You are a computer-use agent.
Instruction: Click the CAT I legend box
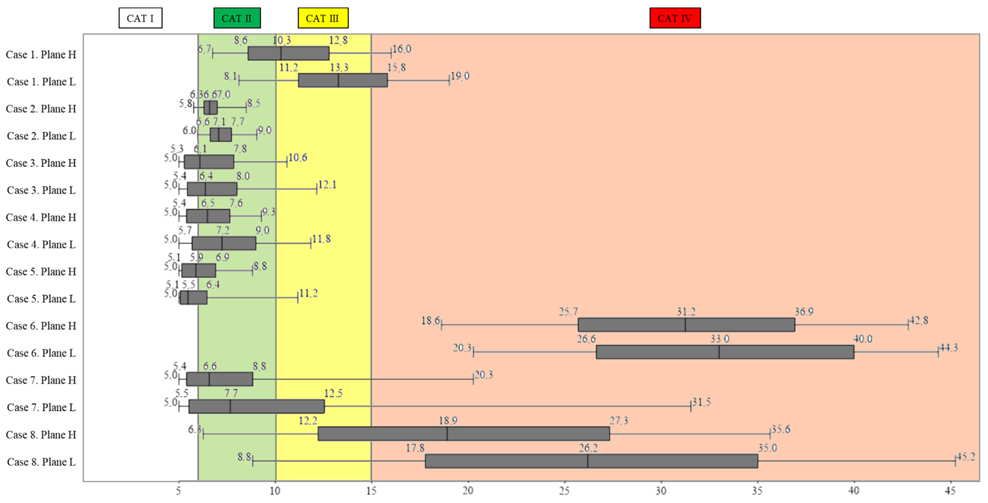click(x=140, y=18)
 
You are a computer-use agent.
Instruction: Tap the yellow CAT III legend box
click(x=323, y=18)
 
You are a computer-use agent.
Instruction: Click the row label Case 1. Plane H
click(x=41, y=54)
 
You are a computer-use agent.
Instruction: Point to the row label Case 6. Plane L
click(x=41, y=353)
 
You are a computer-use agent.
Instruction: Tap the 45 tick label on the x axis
click(x=950, y=490)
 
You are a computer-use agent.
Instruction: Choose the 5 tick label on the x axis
click(x=179, y=490)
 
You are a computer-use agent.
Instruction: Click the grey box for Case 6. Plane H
click(x=686, y=324)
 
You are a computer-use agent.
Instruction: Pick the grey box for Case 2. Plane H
click(x=210, y=107)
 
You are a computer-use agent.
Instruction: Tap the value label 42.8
click(x=919, y=320)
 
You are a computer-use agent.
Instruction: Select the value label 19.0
click(x=460, y=76)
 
